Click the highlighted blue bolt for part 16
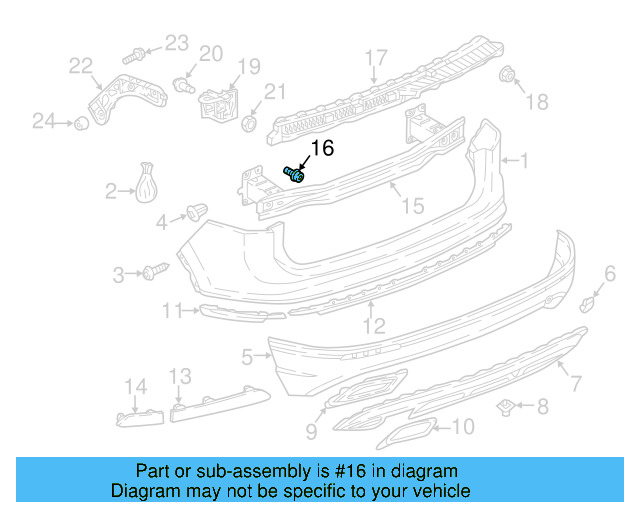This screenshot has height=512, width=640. point(296,174)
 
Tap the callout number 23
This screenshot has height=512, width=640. point(176,42)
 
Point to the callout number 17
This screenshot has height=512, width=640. point(375,57)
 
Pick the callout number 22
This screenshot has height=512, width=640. point(80,66)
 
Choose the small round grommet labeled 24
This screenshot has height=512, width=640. point(77,123)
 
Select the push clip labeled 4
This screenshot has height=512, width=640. point(196,212)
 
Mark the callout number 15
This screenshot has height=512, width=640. point(412,205)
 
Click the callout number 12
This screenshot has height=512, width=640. point(373,326)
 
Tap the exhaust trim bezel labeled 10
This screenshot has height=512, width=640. point(405,433)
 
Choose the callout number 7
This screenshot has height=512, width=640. point(575,381)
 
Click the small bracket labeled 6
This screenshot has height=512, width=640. point(590,301)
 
